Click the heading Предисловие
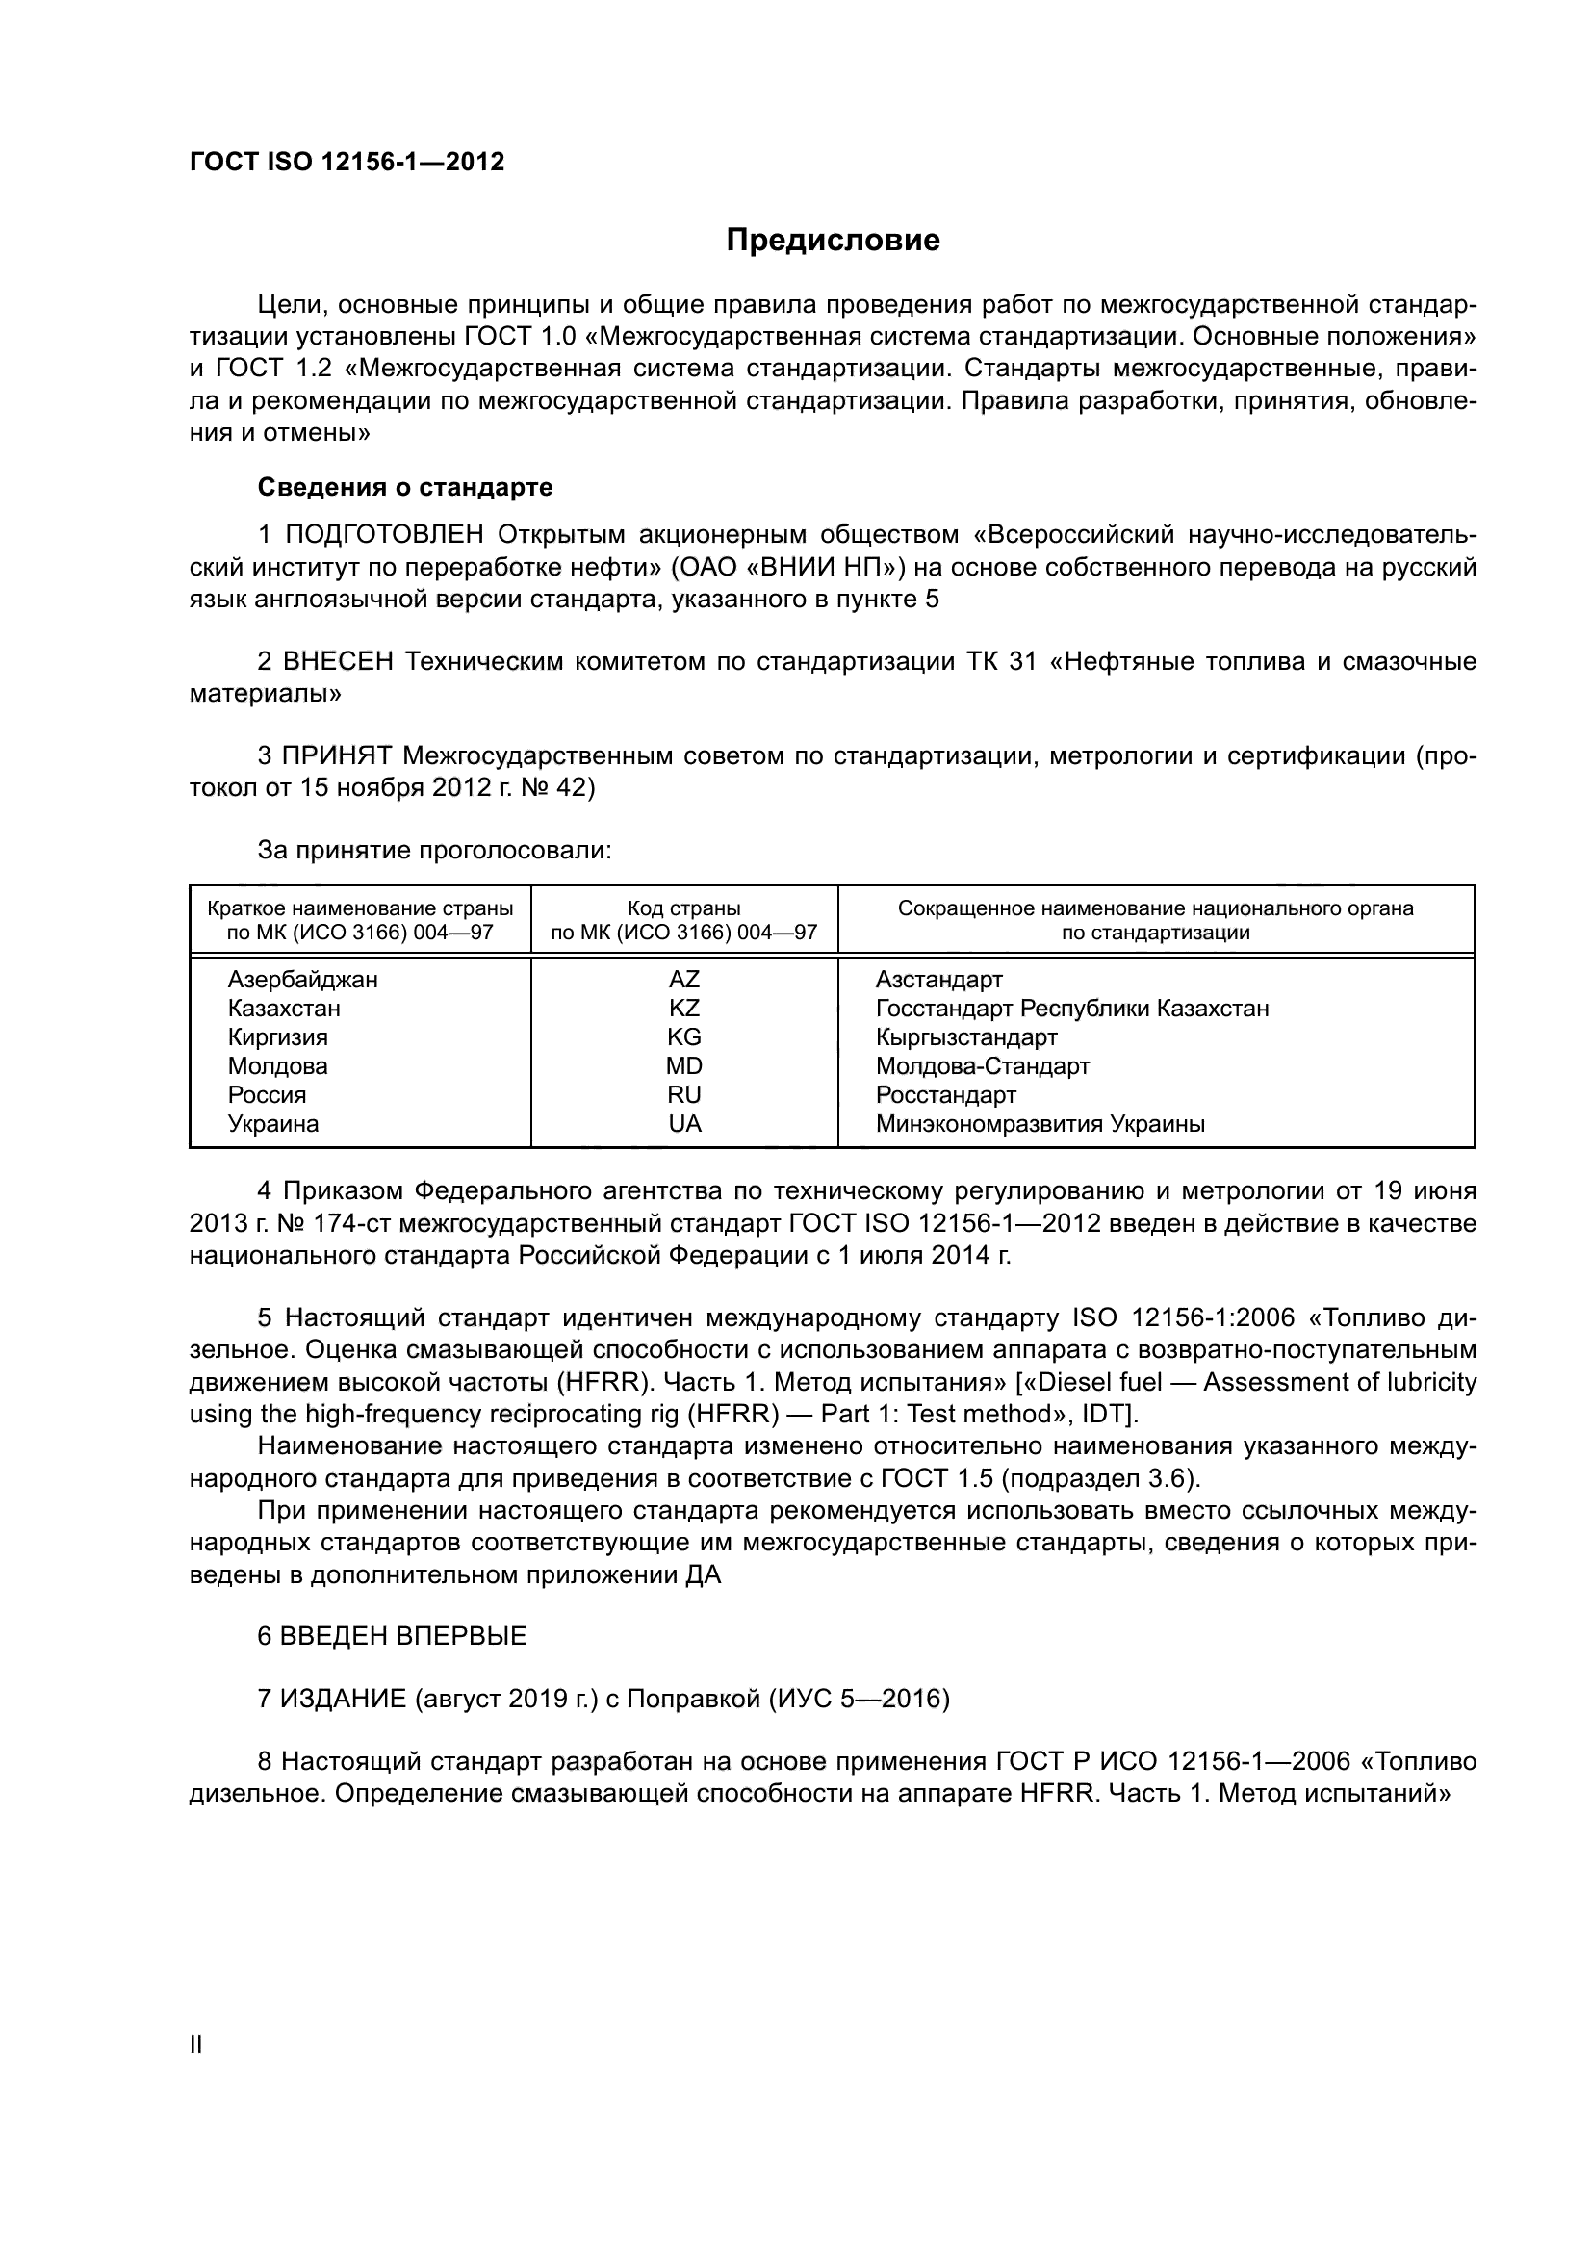(833, 241)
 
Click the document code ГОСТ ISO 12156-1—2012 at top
(347, 162)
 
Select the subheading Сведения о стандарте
(405, 487)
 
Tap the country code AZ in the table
(684, 979)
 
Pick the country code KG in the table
(684, 1036)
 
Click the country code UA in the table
(684, 1123)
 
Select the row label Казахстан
(284, 1008)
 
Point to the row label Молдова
(277, 1065)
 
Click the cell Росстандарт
(946, 1094)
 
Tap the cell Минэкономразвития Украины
(1040, 1123)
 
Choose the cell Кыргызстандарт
(966, 1036)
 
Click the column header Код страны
(684, 908)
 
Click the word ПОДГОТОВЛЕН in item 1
(384, 534)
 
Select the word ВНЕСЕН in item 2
(338, 662)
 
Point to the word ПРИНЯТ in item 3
(337, 755)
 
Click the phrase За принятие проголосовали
(434, 850)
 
